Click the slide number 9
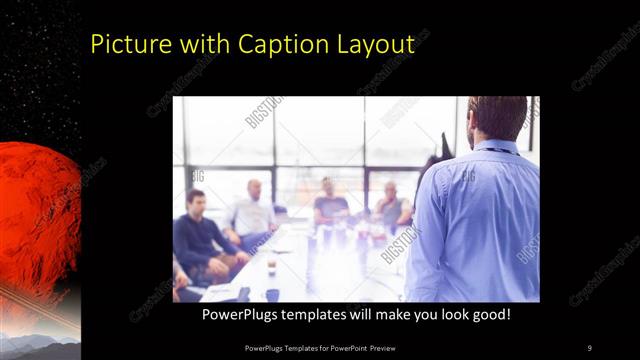click(589, 347)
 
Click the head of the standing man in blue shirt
click(497, 118)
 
